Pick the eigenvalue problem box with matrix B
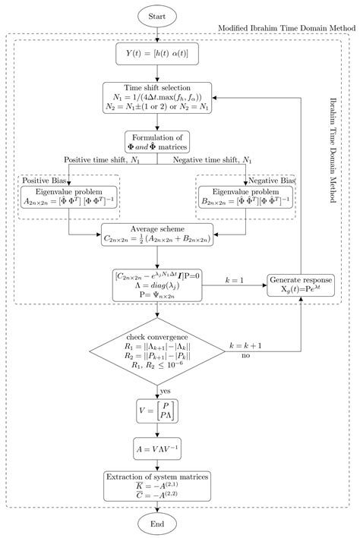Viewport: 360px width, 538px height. (x=245, y=196)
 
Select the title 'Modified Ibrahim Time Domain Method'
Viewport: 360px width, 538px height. (x=285, y=27)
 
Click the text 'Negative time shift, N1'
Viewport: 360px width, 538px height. (x=215, y=160)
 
